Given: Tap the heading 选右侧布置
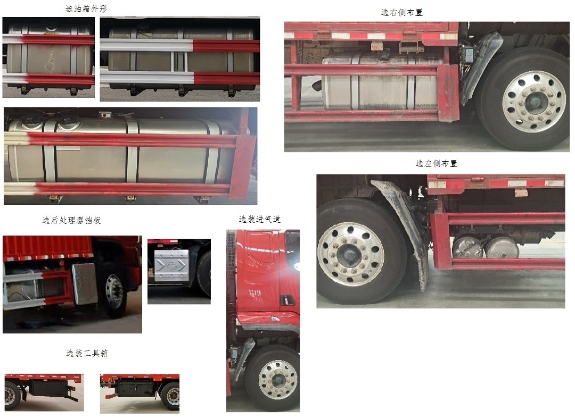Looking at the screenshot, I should [x=402, y=12].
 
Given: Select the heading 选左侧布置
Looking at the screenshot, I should [x=436, y=164].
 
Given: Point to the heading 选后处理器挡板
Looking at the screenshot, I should [x=71, y=220].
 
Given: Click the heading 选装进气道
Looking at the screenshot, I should [x=260, y=219].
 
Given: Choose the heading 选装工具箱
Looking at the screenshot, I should [x=87, y=353].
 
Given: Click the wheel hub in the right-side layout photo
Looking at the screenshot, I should [x=533, y=102].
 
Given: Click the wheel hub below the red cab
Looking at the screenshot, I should [x=278, y=380].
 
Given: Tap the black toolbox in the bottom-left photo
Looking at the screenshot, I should [x=48, y=387].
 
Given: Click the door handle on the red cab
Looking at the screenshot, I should [x=287, y=300].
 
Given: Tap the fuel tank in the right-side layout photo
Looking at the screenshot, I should [x=379, y=84].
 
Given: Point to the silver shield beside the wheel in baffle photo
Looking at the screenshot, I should [x=84, y=283].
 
